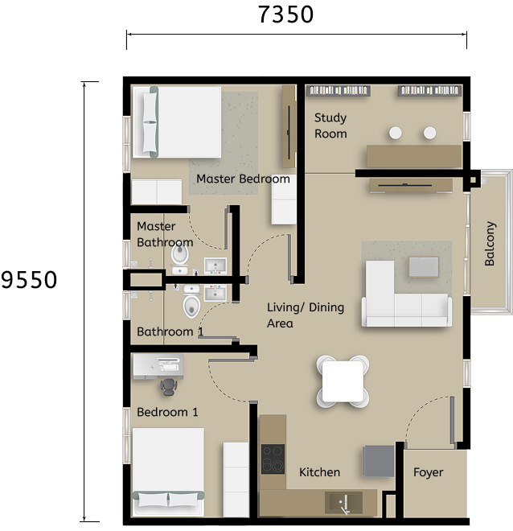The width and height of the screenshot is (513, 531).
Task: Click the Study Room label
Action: coord(330,126)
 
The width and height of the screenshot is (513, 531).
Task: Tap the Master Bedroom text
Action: coord(243,179)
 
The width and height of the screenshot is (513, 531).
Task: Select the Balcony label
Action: coord(490,244)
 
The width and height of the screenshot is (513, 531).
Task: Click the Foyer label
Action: coord(428,472)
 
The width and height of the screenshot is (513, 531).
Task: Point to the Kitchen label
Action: coord(319,472)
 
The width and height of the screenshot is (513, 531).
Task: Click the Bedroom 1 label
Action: coord(167,412)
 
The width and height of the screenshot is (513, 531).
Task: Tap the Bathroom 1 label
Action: coord(170,331)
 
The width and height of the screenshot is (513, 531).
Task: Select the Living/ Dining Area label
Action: coord(305,315)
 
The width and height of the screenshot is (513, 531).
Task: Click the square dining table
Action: coord(343,381)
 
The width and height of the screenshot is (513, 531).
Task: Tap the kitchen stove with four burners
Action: coord(273,459)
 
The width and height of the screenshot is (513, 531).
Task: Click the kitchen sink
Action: coord(344,503)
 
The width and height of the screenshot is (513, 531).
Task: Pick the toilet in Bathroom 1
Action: coord(191,304)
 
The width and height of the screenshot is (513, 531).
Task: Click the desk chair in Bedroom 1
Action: coord(168,386)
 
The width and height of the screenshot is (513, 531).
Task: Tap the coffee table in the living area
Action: coord(423,266)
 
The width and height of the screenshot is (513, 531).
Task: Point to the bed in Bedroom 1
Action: coord(168,471)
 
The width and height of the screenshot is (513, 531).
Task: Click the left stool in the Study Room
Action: coord(396,132)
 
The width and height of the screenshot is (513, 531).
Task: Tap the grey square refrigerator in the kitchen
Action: coord(379,460)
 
